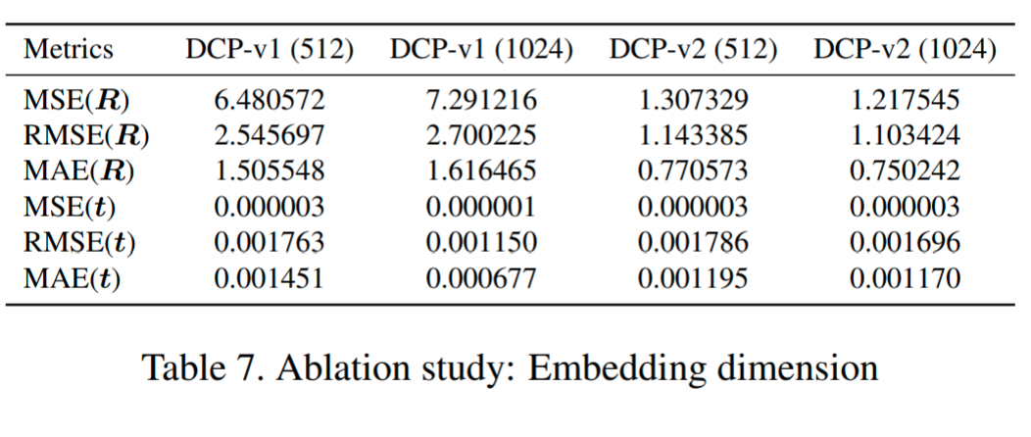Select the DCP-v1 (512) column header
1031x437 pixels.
point(269,50)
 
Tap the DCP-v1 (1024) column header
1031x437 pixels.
point(480,50)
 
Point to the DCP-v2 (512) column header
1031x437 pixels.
point(693,50)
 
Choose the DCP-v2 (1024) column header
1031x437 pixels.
point(905,50)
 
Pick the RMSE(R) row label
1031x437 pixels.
point(86,135)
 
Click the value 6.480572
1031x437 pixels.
point(269,99)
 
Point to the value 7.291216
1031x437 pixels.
point(480,99)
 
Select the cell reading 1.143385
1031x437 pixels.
point(693,135)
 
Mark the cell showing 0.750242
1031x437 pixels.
point(905,171)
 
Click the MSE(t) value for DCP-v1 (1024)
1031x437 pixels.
point(480,208)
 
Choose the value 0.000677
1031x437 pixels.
point(480,280)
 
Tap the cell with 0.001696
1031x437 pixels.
point(905,244)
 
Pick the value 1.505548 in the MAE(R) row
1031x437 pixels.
point(269,171)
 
